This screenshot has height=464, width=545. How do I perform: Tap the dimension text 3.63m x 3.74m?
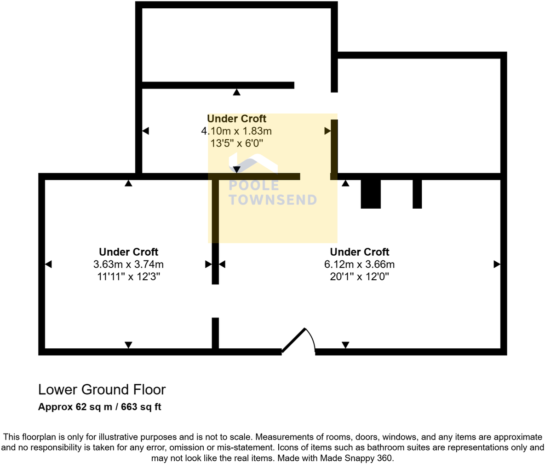(x=128, y=264)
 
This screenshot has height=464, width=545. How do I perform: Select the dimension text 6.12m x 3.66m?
(x=359, y=264)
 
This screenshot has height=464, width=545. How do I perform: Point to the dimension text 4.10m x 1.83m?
(x=236, y=131)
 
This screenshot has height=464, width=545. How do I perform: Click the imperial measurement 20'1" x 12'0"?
(x=359, y=276)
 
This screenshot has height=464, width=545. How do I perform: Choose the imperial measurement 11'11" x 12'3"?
(x=128, y=276)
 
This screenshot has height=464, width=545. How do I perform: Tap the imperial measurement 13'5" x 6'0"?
(x=236, y=143)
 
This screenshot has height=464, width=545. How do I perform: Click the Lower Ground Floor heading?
(x=102, y=389)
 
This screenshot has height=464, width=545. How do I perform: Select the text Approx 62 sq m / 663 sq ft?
(x=99, y=407)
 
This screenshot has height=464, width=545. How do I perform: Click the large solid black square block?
(x=371, y=194)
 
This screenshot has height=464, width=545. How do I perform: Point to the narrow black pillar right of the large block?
(x=417, y=194)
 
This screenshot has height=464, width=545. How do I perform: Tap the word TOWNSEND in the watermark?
(x=273, y=200)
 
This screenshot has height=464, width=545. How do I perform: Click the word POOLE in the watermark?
(x=254, y=186)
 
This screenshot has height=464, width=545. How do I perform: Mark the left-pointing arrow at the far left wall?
(x=48, y=264)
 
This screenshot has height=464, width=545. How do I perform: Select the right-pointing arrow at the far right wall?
(x=497, y=264)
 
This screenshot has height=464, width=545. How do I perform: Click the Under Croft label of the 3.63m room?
(x=128, y=252)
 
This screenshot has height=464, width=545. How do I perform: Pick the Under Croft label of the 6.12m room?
(x=359, y=252)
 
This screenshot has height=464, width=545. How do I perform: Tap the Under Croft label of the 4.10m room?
(x=236, y=119)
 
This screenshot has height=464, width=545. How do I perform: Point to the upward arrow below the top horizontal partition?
(x=236, y=92)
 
